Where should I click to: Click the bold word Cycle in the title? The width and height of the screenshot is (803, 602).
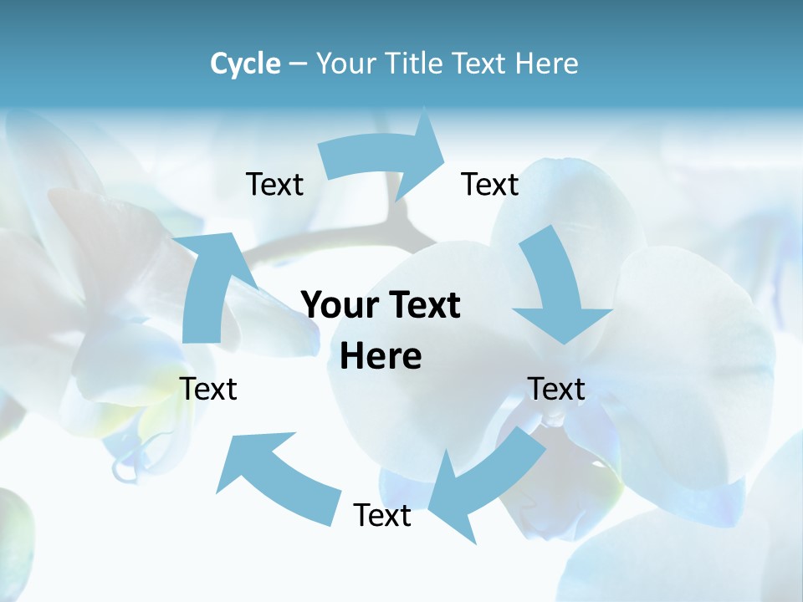245,64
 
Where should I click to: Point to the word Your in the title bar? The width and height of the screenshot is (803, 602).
345,64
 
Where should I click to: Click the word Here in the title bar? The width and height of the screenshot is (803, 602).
548,64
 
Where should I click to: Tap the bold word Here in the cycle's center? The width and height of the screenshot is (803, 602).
381,357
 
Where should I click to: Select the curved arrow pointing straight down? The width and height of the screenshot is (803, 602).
556,288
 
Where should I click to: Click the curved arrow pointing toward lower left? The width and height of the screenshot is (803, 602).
485,481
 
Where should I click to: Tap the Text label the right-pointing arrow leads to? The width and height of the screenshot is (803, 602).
490,185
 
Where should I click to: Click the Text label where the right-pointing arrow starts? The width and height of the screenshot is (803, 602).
274,185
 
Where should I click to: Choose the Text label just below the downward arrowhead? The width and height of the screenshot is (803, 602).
556,389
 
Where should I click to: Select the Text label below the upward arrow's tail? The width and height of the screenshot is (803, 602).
209,389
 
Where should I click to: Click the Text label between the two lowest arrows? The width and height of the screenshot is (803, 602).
382,515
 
